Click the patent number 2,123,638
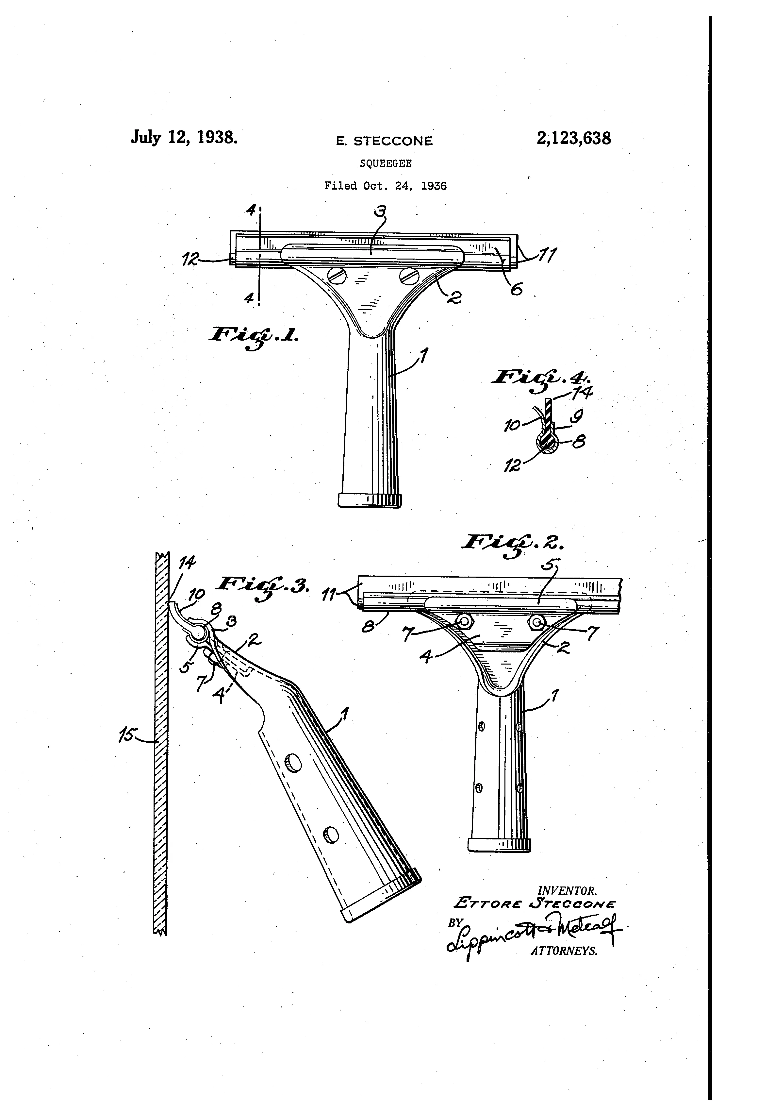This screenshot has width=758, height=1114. coord(573,139)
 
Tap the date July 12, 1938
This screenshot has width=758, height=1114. coord(184,138)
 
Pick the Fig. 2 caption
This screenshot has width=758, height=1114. coord(513,544)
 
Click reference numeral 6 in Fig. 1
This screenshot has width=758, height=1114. coord(516,289)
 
